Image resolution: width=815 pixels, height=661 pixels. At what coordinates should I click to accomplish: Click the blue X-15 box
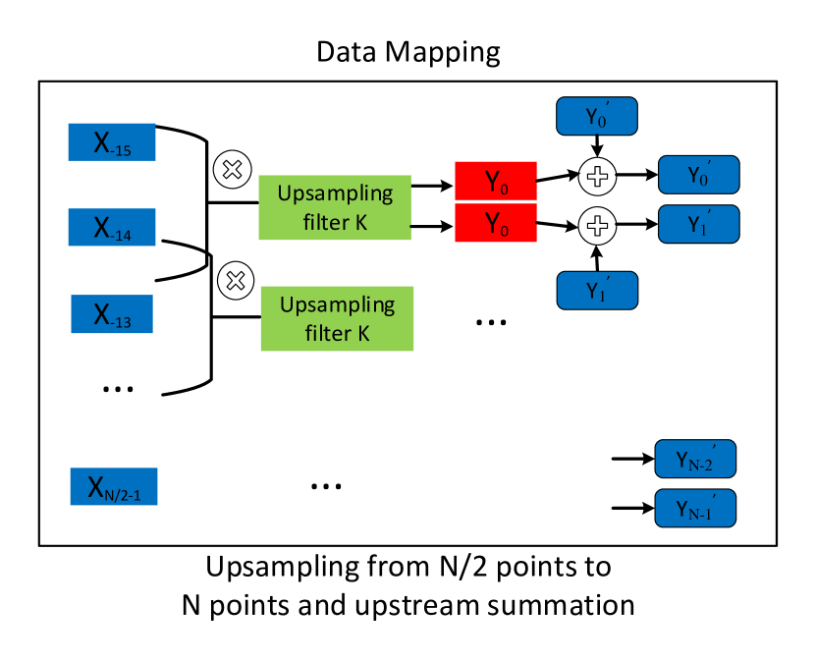pos(112,142)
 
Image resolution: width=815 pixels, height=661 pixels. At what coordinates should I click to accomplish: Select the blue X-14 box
pos(112,228)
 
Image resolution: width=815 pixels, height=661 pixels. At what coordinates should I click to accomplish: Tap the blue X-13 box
pos(112,314)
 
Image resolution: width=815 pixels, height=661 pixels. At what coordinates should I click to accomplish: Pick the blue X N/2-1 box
pos(114,487)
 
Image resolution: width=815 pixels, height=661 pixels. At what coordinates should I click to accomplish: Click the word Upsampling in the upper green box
pos(335,193)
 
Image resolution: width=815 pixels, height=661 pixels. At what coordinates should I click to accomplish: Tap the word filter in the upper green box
pos(325,222)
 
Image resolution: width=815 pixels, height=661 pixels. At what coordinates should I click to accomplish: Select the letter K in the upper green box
pos(360,222)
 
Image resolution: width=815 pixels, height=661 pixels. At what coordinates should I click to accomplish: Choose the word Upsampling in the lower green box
pos(337,304)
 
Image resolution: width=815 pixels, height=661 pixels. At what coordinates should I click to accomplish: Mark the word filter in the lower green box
pos(327,333)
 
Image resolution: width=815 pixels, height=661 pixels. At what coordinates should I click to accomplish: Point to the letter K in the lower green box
pos(362,333)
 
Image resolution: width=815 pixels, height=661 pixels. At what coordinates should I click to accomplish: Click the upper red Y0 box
pos(496,181)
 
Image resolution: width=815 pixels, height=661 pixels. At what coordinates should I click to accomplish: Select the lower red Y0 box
pos(496,224)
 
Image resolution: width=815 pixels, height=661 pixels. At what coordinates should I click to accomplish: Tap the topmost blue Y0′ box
pos(597,116)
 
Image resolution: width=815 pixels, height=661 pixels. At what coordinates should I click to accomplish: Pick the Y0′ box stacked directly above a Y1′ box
pos(698,175)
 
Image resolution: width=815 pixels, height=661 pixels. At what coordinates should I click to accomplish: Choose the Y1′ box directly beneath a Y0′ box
pos(698,224)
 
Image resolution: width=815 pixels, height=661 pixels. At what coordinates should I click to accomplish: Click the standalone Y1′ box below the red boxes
pos(597,291)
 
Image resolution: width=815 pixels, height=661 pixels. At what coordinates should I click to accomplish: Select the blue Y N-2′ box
pos(695,459)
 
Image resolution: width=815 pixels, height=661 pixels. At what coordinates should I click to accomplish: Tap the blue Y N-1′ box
pos(695,509)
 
